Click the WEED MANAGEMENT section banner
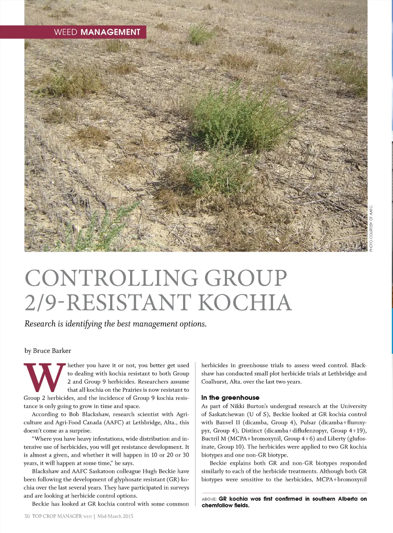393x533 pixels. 97,32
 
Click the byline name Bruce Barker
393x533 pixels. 52,351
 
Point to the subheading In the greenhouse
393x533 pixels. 230,397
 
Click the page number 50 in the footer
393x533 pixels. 27,516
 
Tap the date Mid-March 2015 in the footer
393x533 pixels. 115,516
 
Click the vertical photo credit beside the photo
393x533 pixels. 371,229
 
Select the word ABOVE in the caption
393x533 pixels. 209,499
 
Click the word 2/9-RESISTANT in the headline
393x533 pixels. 108,302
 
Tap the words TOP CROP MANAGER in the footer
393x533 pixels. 56,516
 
